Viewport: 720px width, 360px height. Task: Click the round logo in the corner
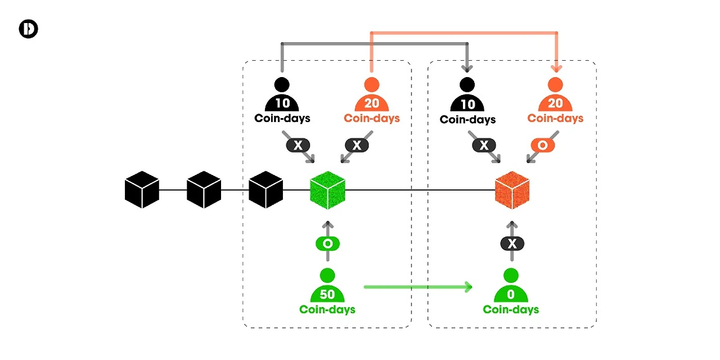pyautogui.click(x=28, y=29)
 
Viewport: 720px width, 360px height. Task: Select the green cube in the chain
pyautogui.click(x=327, y=190)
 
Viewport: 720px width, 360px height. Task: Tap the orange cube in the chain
pyautogui.click(x=512, y=190)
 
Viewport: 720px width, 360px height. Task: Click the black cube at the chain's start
pyautogui.click(x=142, y=190)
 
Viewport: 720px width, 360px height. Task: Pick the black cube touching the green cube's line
pyautogui.click(x=265, y=190)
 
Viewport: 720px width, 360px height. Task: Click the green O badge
pyautogui.click(x=327, y=244)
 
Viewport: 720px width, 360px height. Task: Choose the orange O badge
pyautogui.click(x=542, y=145)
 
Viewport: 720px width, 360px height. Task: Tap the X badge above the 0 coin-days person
pyautogui.click(x=512, y=244)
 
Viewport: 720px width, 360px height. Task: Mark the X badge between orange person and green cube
pyautogui.click(x=357, y=145)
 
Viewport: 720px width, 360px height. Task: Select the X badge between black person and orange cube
pyautogui.click(x=483, y=145)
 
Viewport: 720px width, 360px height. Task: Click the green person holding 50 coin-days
pyautogui.click(x=327, y=287)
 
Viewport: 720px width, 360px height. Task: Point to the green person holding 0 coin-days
pyautogui.click(x=511, y=287)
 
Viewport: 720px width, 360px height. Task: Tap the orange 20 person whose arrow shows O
pyautogui.click(x=555, y=96)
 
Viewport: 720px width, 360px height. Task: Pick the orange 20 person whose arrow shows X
pyautogui.click(x=372, y=96)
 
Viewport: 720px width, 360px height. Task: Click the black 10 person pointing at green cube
pyautogui.click(x=282, y=96)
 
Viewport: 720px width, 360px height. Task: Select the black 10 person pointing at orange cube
pyautogui.click(x=467, y=96)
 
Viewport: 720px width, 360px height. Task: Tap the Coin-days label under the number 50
pyautogui.click(x=327, y=309)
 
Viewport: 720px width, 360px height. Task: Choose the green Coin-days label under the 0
pyautogui.click(x=511, y=309)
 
